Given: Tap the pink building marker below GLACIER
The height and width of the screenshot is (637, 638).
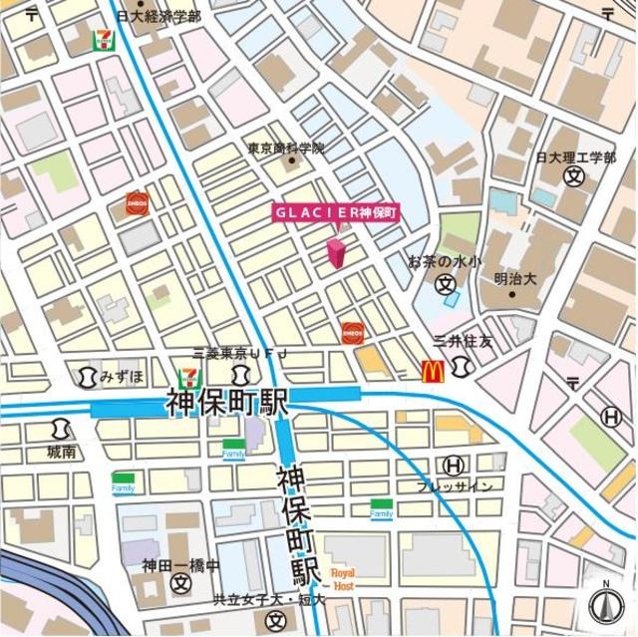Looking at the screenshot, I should click(x=336, y=252).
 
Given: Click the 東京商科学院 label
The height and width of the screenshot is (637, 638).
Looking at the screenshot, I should click(x=286, y=149).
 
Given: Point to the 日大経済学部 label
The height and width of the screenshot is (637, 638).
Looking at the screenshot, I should click(x=158, y=16).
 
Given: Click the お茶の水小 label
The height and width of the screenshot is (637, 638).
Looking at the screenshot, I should click(x=445, y=261).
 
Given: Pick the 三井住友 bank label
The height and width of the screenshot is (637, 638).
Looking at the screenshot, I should click(x=463, y=341).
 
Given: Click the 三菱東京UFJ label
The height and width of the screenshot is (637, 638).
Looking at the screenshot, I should click(x=239, y=354).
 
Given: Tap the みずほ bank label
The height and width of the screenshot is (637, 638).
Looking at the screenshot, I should click(x=122, y=376).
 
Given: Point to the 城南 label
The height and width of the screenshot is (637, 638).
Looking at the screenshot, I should click(x=61, y=452).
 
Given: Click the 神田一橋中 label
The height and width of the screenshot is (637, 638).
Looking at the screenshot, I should click(x=179, y=565).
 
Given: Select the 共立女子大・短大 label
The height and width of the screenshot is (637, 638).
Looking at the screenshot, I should click(x=268, y=600).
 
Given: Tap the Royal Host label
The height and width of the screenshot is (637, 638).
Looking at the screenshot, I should click(x=342, y=579).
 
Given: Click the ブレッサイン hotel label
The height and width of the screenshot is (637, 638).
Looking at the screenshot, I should click(x=454, y=485).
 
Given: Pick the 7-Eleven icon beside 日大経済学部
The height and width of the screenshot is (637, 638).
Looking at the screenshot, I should click(x=101, y=40).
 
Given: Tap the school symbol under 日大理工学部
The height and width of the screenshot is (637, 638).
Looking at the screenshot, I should click(x=573, y=176).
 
